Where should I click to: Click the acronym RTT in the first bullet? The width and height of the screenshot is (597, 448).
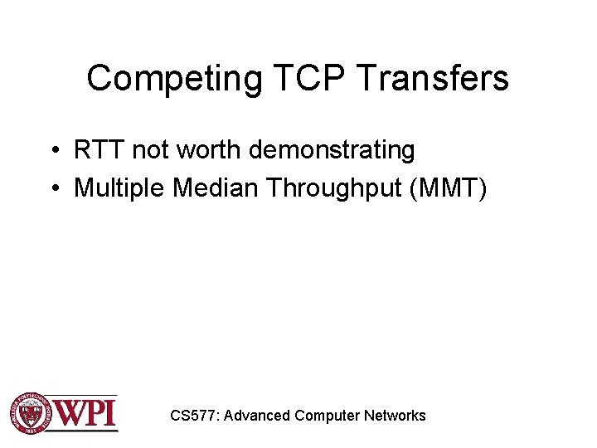click(99, 150)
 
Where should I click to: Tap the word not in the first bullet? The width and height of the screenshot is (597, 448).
click(151, 150)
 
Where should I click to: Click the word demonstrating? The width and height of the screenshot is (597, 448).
click(332, 151)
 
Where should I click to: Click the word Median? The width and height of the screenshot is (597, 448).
click(216, 188)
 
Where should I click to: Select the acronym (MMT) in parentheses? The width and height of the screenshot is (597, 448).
click(449, 189)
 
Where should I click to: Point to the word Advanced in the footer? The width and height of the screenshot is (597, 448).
click(256, 416)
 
